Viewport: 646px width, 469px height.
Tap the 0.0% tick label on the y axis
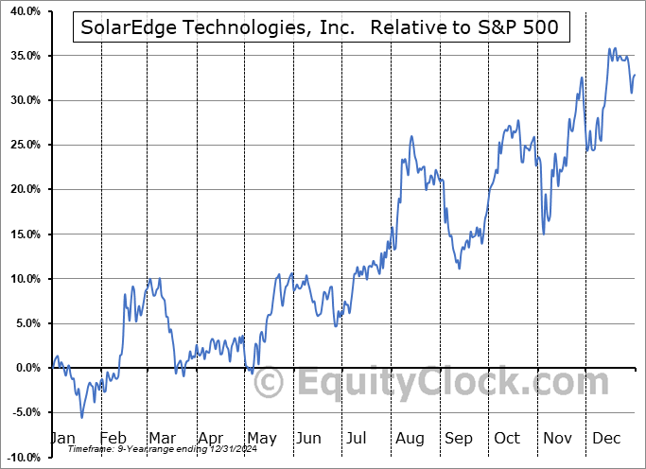click(25, 368)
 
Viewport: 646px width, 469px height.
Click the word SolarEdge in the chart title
click(126, 28)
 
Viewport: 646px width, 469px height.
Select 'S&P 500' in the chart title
click(527, 28)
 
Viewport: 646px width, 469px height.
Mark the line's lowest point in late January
click(81, 417)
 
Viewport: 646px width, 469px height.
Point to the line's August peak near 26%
click(411, 136)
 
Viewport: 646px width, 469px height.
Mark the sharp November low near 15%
click(543, 234)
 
